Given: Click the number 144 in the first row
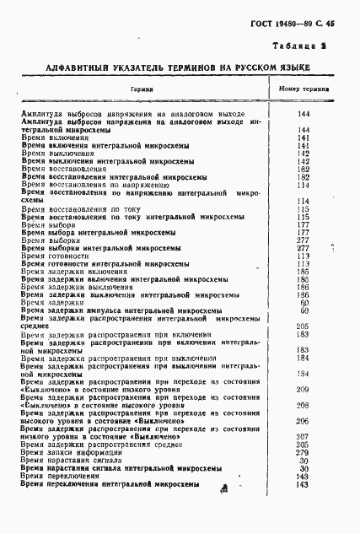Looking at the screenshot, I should point(302,112).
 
